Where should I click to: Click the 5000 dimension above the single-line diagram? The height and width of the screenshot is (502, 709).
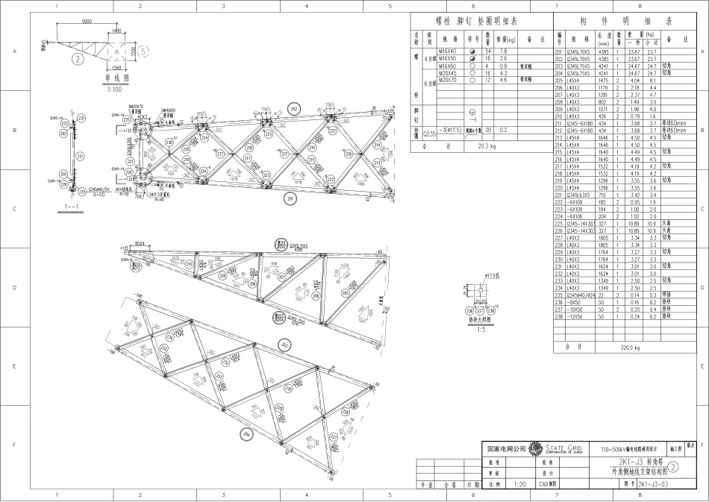tap(87, 22)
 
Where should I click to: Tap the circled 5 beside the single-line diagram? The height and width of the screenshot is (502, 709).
tap(144, 51)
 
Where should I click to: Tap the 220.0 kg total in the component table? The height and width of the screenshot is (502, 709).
tap(631, 347)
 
